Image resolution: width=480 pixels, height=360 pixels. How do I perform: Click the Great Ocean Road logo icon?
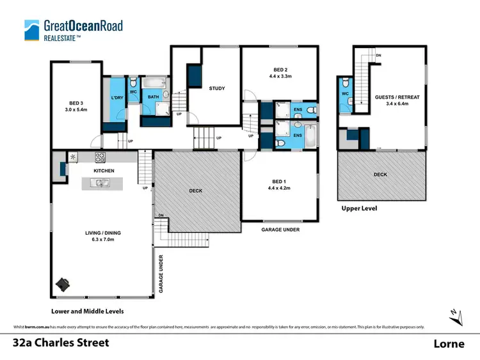pos(31,29)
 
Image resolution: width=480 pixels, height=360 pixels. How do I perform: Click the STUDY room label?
pos(217,88)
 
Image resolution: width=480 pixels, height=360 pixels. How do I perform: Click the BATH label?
pos(154,97)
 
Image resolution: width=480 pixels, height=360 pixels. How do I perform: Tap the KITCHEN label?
pos(104,171)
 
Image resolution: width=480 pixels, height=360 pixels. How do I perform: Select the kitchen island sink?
pos(102,184)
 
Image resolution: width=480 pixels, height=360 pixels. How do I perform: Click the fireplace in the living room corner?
pos(63,283)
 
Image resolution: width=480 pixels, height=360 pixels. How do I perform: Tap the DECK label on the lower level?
pos(196,190)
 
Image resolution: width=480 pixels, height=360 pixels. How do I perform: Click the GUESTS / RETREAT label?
pos(397,97)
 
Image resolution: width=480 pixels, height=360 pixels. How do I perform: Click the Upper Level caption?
pos(359,208)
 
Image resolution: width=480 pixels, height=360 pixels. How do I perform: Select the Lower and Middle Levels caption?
pos(88,311)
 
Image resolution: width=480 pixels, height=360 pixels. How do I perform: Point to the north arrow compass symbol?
pos(453,315)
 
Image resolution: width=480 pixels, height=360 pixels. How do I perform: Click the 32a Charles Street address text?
pos(61,343)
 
